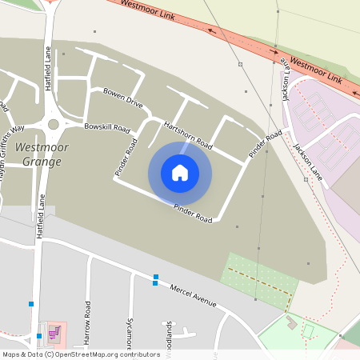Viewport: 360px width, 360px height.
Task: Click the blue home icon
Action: [x=180, y=173]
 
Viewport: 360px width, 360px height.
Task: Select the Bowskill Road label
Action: [x=106, y=127]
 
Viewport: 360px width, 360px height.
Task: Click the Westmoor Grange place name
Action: [x=42, y=154]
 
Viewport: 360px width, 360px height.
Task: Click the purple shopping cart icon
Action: [x=54, y=334]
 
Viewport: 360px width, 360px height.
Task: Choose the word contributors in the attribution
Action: [x=138, y=354]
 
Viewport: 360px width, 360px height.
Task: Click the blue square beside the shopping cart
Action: [x=38, y=336]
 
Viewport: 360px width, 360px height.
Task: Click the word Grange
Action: [x=42, y=162]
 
